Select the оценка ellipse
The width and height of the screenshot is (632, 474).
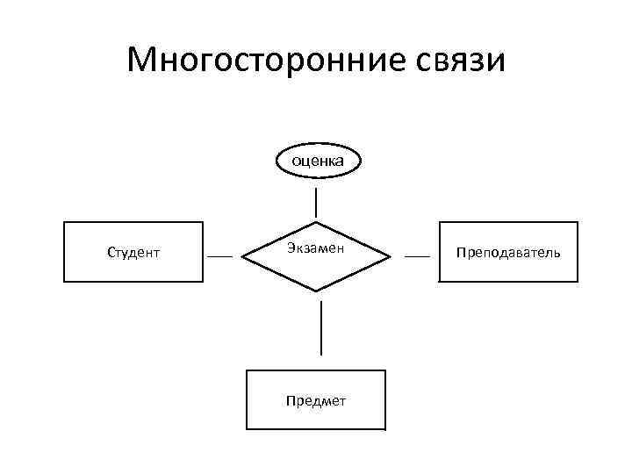[317, 160]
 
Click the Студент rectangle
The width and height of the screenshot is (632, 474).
[133, 252]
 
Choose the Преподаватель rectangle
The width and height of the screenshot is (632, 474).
[508, 252]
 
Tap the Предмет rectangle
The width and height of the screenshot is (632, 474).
[316, 400]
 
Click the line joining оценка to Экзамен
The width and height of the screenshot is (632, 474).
[316, 202]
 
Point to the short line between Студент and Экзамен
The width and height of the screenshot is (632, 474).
[219, 255]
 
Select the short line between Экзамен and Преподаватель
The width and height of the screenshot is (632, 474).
[417, 255]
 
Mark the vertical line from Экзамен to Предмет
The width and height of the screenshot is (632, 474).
[321, 327]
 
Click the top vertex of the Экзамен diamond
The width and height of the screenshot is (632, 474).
[316, 219]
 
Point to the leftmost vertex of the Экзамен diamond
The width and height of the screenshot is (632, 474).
[241, 255]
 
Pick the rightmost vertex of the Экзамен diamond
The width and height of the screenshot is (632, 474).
[391, 255]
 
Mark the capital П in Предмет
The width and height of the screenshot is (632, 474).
[290, 401]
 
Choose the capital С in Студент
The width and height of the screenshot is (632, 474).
[111, 253]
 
